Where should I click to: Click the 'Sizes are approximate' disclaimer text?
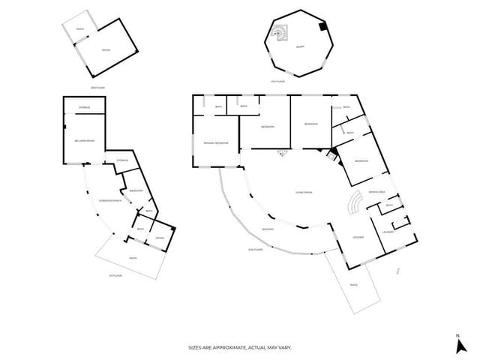(x=239, y=347)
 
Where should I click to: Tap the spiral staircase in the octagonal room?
(x=280, y=32)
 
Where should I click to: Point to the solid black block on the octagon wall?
(x=322, y=27)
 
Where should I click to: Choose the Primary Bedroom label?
(x=215, y=142)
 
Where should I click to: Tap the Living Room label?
(x=303, y=193)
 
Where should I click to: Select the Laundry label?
(x=388, y=232)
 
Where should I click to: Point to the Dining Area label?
(x=376, y=192)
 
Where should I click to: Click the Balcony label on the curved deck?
(x=268, y=229)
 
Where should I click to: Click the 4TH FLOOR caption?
(x=277, y=81)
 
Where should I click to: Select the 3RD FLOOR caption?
(x=97, y=87)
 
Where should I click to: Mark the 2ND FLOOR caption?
(x=255, y=249)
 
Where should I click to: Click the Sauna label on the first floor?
(x=159, y=238)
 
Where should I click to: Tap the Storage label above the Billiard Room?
(x=84, y=107)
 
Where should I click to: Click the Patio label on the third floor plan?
(x=80, y=29)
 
